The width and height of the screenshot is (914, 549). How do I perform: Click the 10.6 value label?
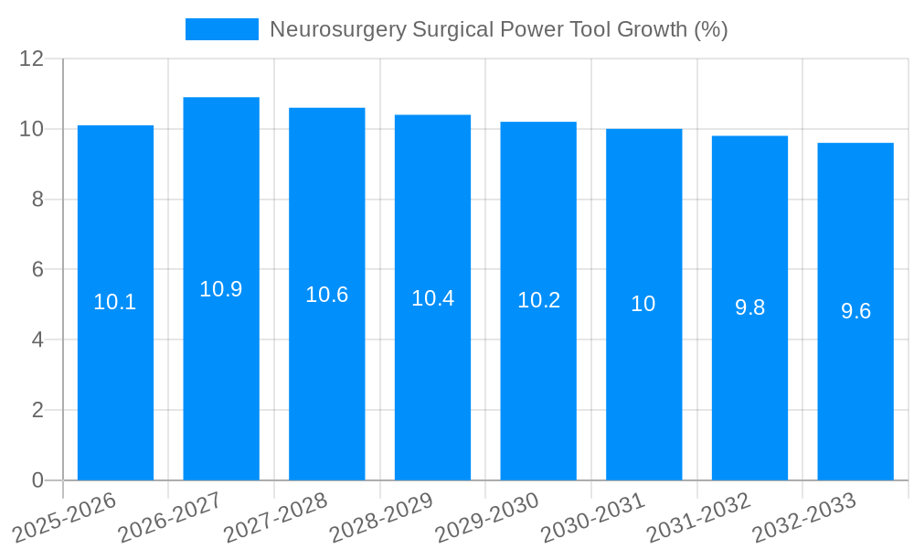(x=327, y=295)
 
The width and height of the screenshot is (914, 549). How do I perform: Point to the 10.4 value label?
(x=432, y=298)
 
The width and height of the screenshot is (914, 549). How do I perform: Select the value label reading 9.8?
(x=749, y=308)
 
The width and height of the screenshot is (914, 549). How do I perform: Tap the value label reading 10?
(x=643, y=304)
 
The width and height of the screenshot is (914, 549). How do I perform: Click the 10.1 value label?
(x=115, y=302)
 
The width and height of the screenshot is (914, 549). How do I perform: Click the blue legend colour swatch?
(x=222, y=29)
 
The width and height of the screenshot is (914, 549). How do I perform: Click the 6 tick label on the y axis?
(x=37, y=270)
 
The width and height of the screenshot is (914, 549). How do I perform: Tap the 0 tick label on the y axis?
(x=37, y=480)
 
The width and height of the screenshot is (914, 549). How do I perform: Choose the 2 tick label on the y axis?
(x=37, y=410)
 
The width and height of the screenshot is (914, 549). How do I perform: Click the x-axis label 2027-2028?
(x=277, y=516)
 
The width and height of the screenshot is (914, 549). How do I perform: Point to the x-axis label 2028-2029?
(x=383, y=516)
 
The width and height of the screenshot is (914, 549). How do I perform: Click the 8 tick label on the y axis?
(x=37, y=199)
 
